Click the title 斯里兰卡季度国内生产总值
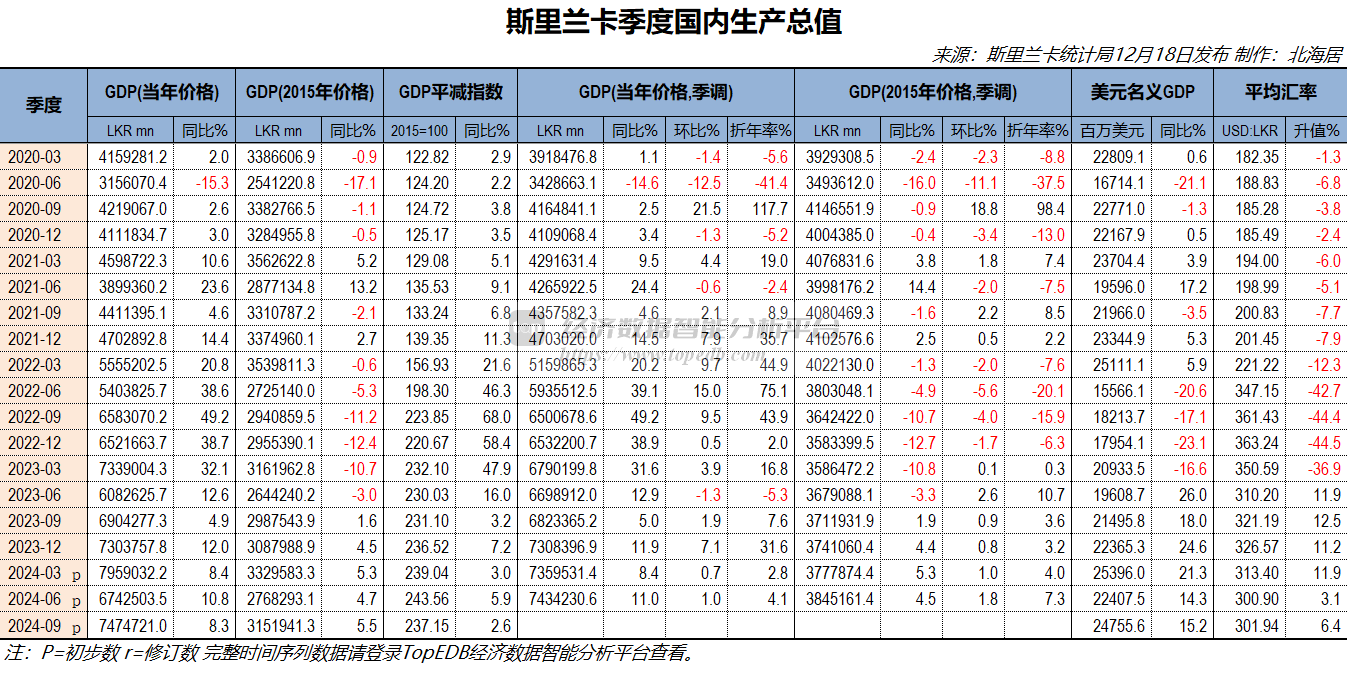click(673, 22)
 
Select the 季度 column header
click(44, 104)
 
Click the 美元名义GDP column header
click(1143, 92)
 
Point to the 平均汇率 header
click(1279, 92)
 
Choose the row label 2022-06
click(35, 391)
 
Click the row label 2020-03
click(35, 157)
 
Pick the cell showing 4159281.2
click(133, 157)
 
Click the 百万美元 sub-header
click(1112, 130)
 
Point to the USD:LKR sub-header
click(1250, 130)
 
